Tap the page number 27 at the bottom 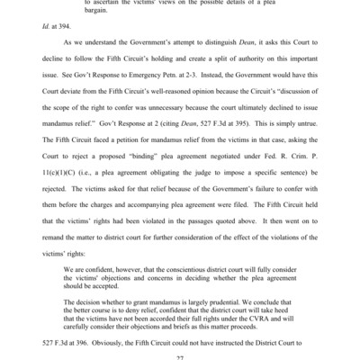pyautogui.click(x=179, y=355)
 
